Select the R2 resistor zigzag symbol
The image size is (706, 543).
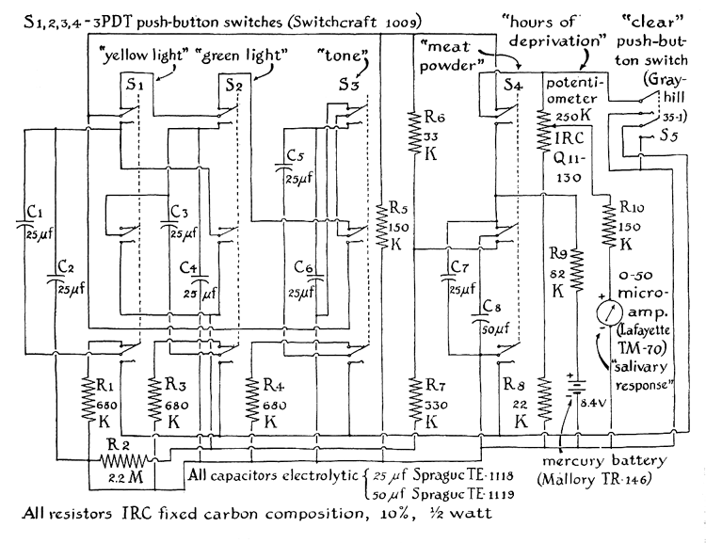coord(125,461)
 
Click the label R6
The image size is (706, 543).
coord(433,119)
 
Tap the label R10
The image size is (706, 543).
coord(634,207)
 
